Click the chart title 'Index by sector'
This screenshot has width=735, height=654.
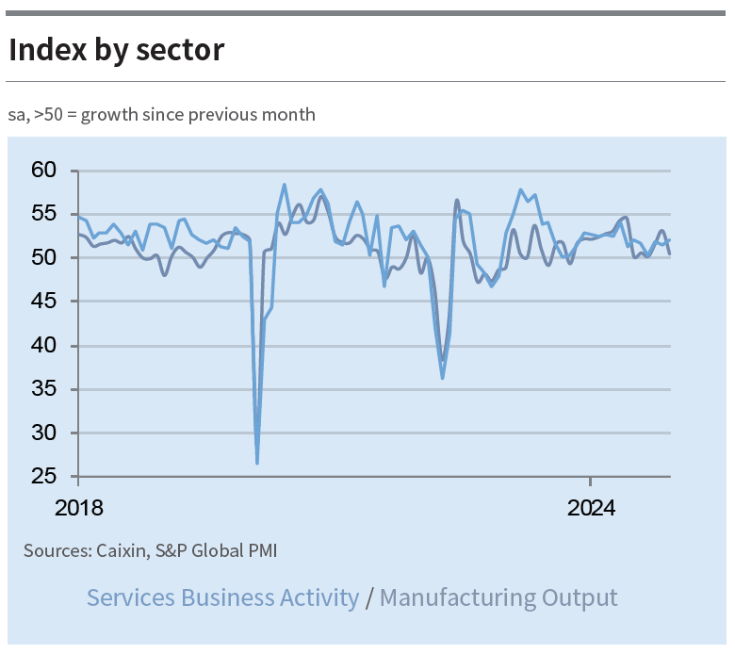pyautogui.click(x=117, y=50)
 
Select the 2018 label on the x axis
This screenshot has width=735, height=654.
pyautogui.click(x=79, y=509)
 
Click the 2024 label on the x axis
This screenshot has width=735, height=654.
pyautogui.click(x=591, y=509)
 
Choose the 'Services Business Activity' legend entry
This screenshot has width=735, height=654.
pyautogui.click(x=222, y=597)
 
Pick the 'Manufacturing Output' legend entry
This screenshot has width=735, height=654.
pyautogui.click(x=498, y=597)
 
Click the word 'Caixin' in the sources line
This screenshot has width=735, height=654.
pyautogui.click(x=121, y=550)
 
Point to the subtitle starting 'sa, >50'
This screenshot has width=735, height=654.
pyautogui.click(x=162, y=115)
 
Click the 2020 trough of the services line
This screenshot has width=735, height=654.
pyautogui.click(x=257, y=462)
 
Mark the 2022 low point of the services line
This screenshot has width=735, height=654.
pyautogui.click(x=442, y=378)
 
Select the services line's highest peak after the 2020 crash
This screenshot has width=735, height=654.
pyautogui.click(x=285, y=185)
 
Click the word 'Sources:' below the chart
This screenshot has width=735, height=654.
pyautogui.click(x=57, y=550)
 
